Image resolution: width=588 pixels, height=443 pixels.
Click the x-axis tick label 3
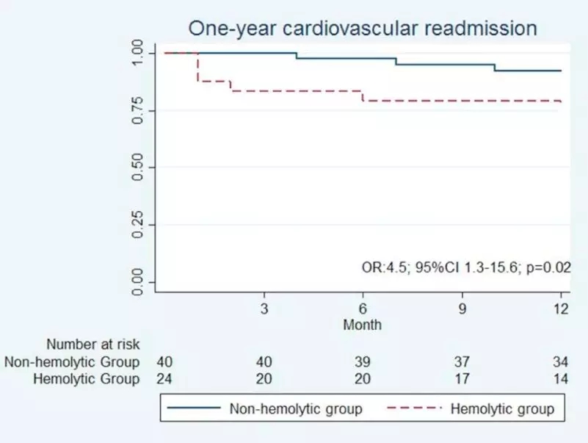click(x=264, y=309)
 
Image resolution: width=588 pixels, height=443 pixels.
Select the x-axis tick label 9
click(x=462, y=309)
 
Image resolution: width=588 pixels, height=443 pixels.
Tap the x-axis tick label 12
click(x=561, y=309)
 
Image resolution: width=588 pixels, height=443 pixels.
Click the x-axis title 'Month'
click(x=363, y=323)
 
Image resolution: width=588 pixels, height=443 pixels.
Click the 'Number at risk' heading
click(x=92, y=344)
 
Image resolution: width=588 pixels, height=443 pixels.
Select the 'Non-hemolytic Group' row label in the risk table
click(x=72, y=361)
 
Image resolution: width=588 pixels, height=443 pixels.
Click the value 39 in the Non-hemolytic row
click(x=363, y=361)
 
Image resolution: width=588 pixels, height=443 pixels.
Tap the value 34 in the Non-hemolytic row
click(x=561, y=361)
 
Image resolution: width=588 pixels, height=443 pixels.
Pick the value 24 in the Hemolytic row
click(x=165, y=379)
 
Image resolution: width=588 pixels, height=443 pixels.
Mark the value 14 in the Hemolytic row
click(x=561, y=379)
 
